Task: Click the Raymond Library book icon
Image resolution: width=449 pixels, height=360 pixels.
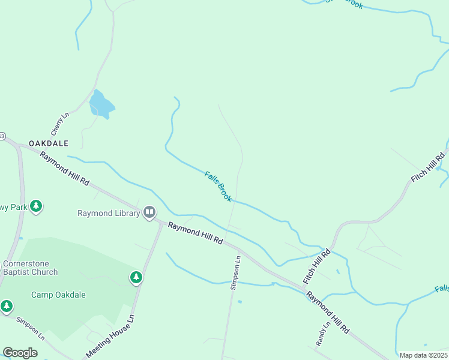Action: (x=149, y=212)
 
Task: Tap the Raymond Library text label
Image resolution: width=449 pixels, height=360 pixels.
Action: (x=109, y=213)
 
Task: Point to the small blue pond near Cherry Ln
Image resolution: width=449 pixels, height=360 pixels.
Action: (x=100, y=105)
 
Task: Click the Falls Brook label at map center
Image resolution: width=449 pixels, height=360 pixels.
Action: (x=218, y=187)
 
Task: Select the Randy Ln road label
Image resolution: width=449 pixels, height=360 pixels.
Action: (x=323, y=334)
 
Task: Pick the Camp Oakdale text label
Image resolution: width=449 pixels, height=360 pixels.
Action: (x=58, y=295)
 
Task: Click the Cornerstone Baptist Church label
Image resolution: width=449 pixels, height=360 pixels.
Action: (x=31, y=268)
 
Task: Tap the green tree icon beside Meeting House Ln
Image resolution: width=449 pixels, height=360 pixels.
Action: (x=136, y=277)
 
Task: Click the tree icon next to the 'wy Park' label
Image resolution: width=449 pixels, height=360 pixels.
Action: (x=37, y=206)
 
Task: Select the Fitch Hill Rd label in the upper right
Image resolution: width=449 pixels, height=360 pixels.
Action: (x=427, y=168)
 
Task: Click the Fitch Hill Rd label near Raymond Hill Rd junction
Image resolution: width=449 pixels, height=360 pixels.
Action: (x=317, y=267)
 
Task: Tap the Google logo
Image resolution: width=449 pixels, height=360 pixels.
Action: (x=20, y=353)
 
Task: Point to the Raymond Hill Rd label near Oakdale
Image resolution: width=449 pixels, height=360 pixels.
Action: (x=64, y=168)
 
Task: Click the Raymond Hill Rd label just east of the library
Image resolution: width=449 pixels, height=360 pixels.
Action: (x=195, y=233)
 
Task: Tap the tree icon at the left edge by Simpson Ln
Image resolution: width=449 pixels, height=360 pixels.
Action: (x=7, y=306)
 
